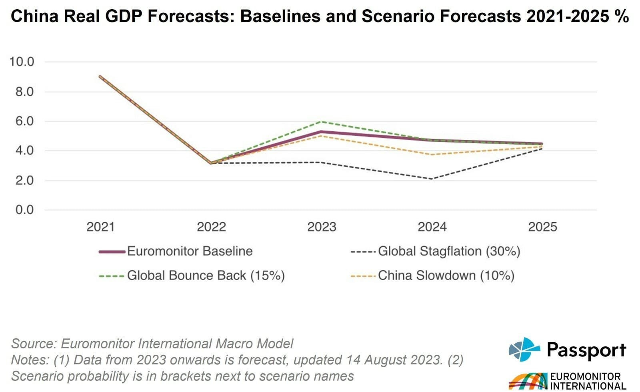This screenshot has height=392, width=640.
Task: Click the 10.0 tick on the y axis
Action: [x=22, y=62]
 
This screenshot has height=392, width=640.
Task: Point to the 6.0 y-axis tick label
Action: [x=24, y=121]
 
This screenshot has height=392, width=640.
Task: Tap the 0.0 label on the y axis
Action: [x=24, y=210]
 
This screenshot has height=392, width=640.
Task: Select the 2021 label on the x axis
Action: [x=100, y=227]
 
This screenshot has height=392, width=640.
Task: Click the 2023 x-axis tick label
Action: [x=322, y=227]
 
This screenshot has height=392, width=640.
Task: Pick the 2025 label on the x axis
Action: [x=542, y=227]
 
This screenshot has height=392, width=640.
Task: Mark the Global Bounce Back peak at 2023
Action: [x=322, y=121]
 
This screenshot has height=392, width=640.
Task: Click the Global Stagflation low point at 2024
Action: [x=432, y=179]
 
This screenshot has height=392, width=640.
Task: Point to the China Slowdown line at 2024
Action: [x=432, y=154]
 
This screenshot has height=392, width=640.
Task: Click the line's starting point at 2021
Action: [x=100, y=76]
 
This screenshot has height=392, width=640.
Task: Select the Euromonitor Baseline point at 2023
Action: [x=322, y=132]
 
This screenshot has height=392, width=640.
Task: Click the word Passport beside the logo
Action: [x=586, y=350]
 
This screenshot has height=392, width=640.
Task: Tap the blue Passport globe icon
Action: [x=524, y=349]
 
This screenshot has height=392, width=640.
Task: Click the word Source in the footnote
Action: [x=34, y=344]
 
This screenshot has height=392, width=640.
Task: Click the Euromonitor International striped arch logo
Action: [x=527, y=381]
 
